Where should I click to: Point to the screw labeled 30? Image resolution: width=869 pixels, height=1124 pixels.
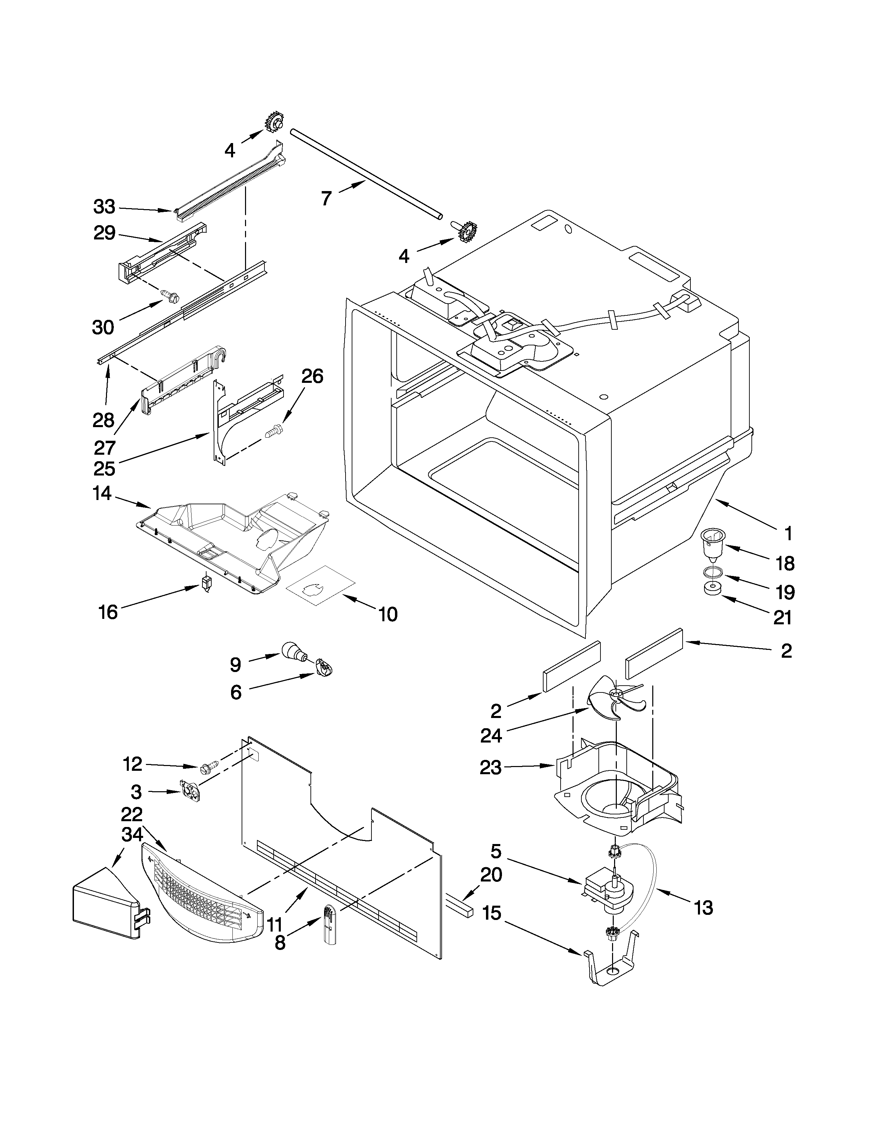[171, 295]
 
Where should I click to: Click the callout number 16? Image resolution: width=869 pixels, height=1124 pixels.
[108, 612]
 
